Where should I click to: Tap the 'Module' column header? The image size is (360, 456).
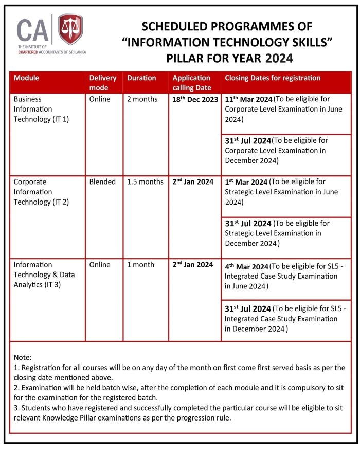click(27, 78)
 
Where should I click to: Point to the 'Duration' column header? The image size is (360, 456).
click(141, 78)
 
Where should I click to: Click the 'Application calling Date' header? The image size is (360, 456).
click(191, 83)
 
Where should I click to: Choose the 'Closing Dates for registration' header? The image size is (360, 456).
click(273, 78)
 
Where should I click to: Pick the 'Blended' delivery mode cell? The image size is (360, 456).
click(102, 181)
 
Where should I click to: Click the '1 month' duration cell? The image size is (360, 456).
click(140, 265)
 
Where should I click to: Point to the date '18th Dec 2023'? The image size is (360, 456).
click(195, 99)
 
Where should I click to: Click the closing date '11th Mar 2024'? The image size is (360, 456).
click(248, 99)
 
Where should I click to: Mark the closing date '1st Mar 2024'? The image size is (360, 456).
click(246, 182)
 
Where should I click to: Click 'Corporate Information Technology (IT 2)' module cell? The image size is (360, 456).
click(39, 192)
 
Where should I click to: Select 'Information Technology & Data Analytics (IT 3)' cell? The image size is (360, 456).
click(44, 275)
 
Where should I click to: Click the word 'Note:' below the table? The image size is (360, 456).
click(23, 357)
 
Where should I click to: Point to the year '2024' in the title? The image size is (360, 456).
click(279, 58)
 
